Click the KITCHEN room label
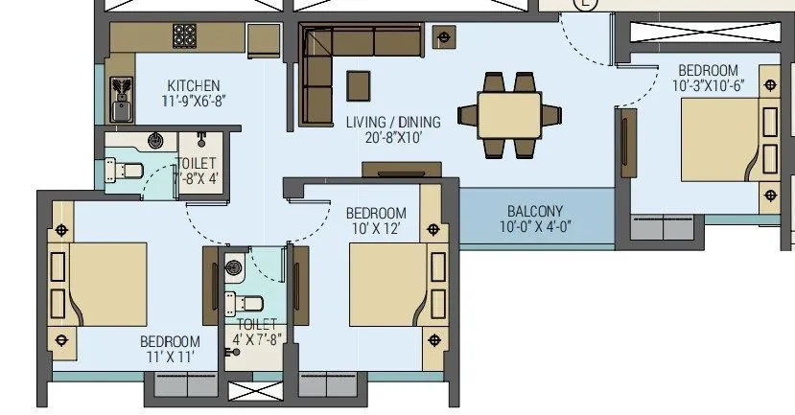click(194, 85)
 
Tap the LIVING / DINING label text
click(393, 122)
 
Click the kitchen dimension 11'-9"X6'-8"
click(194, 100)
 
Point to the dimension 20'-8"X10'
click(393, 137)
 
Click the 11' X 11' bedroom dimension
click(171, 357)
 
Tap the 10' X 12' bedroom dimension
click(375, 228)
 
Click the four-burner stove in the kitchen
click(184, 36)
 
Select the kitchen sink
click(122, 100)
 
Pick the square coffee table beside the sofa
click(358, 83)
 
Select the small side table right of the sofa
click(444, 38)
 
